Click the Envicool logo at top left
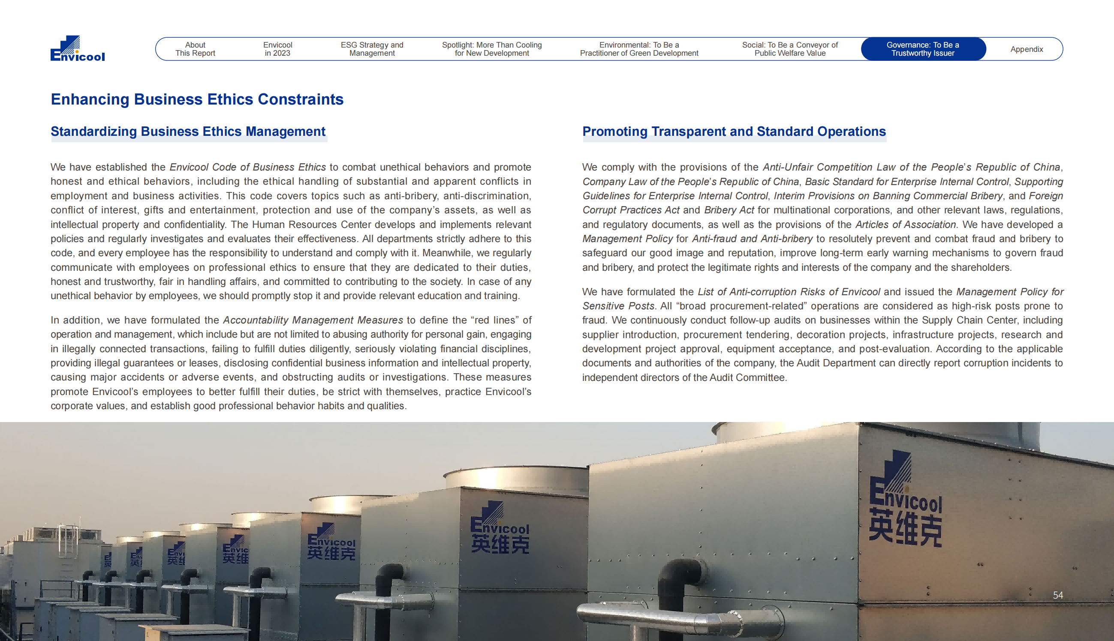[x=78, y=48]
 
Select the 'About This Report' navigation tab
[x=195, y=49]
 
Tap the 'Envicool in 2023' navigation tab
[x=277, y=49]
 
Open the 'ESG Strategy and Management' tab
[x=372, y=49]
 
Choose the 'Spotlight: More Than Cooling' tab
[x=491, y=49]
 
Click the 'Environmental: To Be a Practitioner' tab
[x=639, y=49]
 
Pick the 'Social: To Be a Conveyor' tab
[x=790, y=49]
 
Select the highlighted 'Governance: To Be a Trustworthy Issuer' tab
[x=923, y=49]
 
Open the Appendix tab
[x=1027, y=49]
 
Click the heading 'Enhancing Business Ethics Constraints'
[x=197, y=99]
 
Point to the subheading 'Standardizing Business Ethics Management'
[x=188, y=132]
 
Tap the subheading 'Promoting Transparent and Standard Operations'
[x=734, y=132]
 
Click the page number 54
[x=1058, y=595]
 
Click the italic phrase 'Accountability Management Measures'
[x=313, y=320]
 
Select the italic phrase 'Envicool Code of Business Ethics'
[x=247, y=167]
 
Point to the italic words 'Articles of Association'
[x=906, y=225]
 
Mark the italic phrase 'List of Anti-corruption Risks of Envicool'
[x=789, y=292]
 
